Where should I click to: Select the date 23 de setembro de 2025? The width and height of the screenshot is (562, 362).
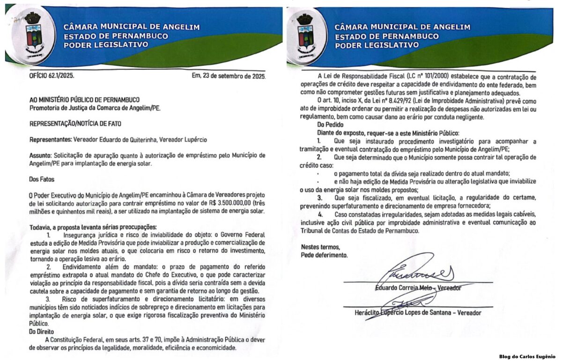click(x=234, y=75)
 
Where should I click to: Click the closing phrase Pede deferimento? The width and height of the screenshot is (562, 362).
click(x=324, y=256)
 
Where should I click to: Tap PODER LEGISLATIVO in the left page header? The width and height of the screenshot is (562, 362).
click(x=105, y=45)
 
